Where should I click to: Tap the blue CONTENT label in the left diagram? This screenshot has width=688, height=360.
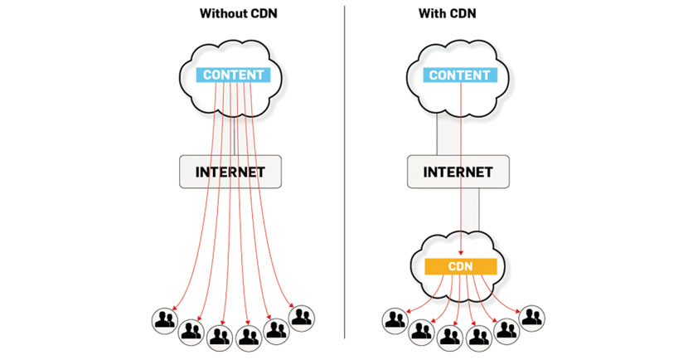tap(233, 75)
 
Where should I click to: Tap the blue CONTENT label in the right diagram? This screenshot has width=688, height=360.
tap(458, 75)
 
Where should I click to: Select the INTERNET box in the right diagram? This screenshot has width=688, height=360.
tap(457, 172)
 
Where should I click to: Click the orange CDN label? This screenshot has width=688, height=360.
tap(460, 267)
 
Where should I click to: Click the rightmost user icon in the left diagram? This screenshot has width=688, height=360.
tap(302, 317)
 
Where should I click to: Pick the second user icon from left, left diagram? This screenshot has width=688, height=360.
tap(191, 330)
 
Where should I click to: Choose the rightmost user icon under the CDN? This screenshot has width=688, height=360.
tap(531, 317)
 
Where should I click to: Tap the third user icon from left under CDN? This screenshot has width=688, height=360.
tap(449, 334)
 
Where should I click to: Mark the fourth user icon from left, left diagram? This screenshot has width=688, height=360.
tap(248, 335)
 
